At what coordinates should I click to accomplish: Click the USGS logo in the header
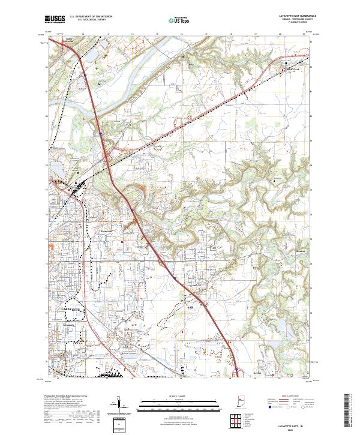(x=55, y=19)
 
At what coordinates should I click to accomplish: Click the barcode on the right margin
(x=350, y=414)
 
